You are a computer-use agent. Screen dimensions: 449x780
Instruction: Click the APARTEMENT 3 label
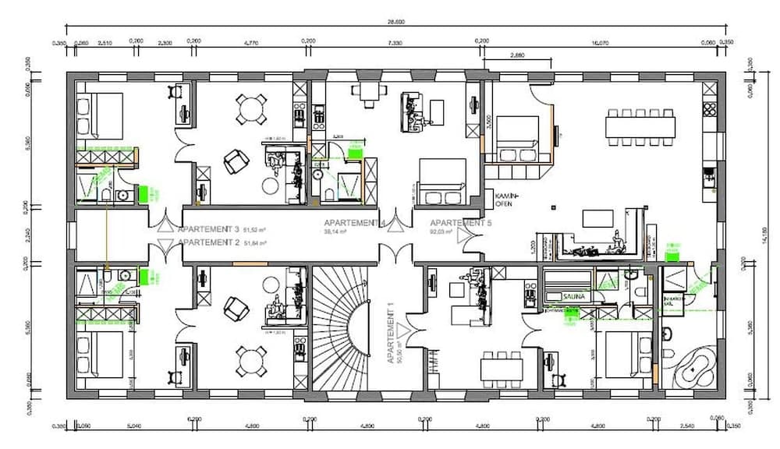pos(208,230)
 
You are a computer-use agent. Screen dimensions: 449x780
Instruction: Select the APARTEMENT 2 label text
pos(208,243)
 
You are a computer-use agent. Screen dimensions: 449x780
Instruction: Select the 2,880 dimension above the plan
pos(516,56)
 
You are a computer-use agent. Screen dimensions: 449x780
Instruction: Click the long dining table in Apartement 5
pos(640,123)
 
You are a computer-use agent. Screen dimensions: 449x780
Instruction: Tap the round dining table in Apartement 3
pos(250,108)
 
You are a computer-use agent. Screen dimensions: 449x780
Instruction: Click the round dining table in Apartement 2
pos(250,361)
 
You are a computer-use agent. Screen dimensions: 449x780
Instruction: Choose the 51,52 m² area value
pos(255,231)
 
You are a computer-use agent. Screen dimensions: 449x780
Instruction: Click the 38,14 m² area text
pos(335,232)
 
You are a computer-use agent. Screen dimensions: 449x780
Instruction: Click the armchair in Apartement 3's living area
pos(234,161)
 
